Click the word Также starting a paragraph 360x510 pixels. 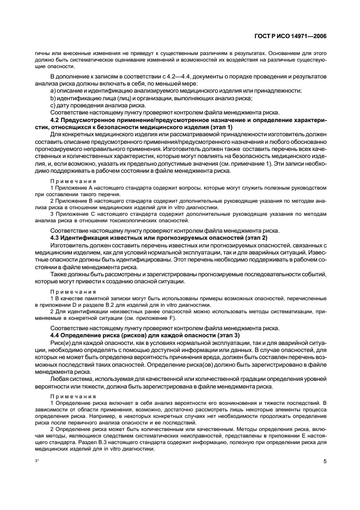[59, 274]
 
